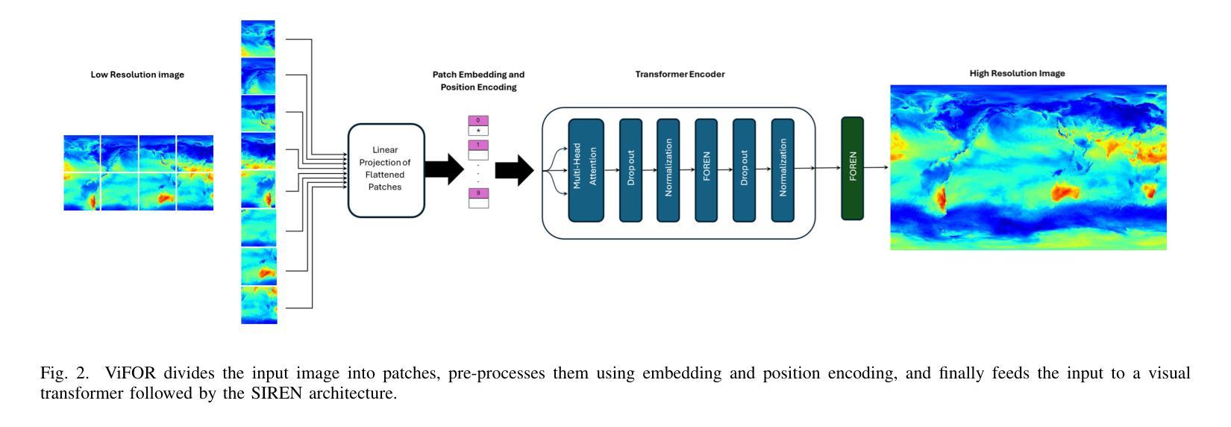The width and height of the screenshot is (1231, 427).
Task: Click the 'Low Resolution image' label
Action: point(137,75)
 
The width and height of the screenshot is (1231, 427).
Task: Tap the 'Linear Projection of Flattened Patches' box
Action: point(386,170)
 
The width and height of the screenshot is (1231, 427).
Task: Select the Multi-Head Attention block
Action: point(586,170)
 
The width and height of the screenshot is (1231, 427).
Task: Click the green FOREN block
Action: point(852,168)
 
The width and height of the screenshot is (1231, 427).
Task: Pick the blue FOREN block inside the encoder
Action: point(707,170)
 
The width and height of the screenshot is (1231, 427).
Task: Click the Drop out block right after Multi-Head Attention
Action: point(631,170)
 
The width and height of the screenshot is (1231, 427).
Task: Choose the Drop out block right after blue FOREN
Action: point(744,170)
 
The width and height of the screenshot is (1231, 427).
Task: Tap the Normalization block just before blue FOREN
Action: point(668,170)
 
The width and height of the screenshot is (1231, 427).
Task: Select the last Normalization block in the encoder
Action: point(783,170)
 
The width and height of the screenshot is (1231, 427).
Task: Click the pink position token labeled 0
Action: point(478,121)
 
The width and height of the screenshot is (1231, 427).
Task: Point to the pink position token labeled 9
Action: point(478,193)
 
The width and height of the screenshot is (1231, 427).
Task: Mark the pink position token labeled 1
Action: point(478,145)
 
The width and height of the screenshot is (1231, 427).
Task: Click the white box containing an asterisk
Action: point(478,131)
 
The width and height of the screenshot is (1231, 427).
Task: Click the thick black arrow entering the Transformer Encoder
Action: point(514,170)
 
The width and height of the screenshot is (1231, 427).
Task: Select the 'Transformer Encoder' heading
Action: point(680,74)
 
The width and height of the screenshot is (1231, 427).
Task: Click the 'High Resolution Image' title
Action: point(1017,73)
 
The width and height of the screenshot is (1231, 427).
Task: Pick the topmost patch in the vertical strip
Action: point(257,39)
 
